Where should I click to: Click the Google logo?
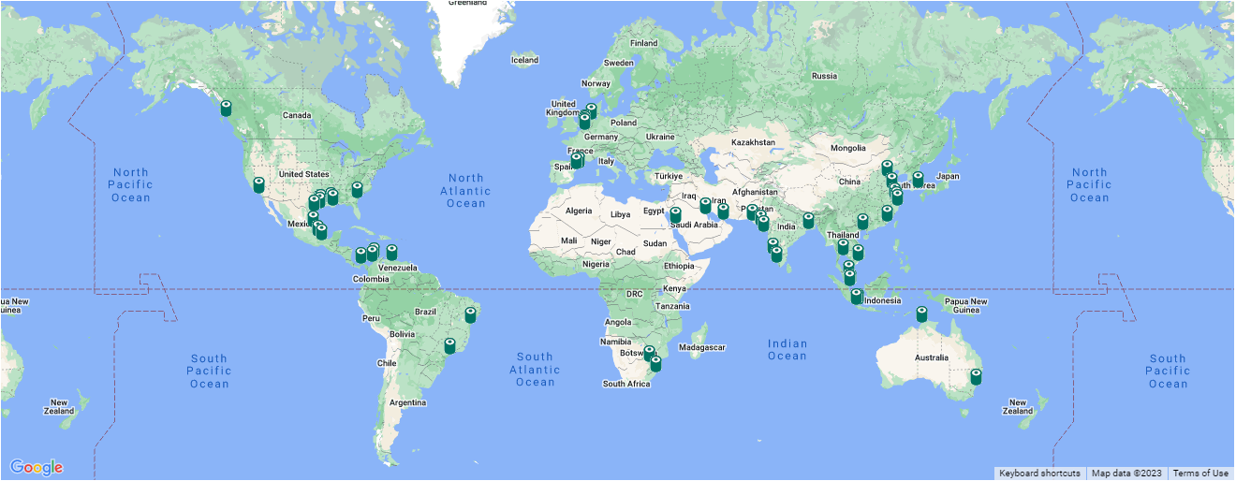click(x=37, y=467)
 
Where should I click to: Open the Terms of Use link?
click(x=1200, y=474)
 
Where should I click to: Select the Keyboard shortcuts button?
click(x=1039, y=474)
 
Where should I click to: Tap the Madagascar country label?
click(x=703, y=347)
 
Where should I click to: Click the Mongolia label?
click(x=848, y=148)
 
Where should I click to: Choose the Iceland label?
click(x=524, y=61)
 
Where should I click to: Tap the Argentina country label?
click(x=407, y=403)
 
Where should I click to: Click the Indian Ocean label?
click(x=787, y=349)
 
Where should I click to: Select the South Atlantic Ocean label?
click(x=535, y=369)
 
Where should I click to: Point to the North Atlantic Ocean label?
click(x=465, y=190)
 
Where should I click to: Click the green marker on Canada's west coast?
click(x=226, y=109)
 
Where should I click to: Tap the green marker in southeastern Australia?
click(x=976, y=376)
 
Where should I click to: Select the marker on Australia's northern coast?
click(x=921, y=314)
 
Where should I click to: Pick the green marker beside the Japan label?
click(x=918, y=178)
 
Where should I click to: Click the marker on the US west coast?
click(x=258, y=185)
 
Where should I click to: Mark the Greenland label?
click(x=467, y=4)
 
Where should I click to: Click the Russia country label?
click(x=824, y=76)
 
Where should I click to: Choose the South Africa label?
click(x=626, y=384)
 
